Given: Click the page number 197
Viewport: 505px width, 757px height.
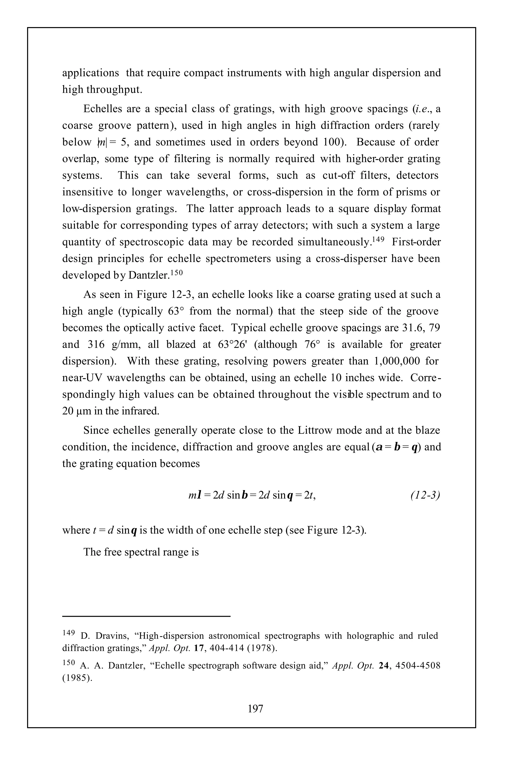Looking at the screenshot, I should click(255, 708).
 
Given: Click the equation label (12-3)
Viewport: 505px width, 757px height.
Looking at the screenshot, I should click(425, 495).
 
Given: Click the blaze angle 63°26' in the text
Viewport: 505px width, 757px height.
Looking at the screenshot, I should click(233, 344).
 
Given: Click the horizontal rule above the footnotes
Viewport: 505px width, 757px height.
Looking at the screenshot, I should click(146, 616).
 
